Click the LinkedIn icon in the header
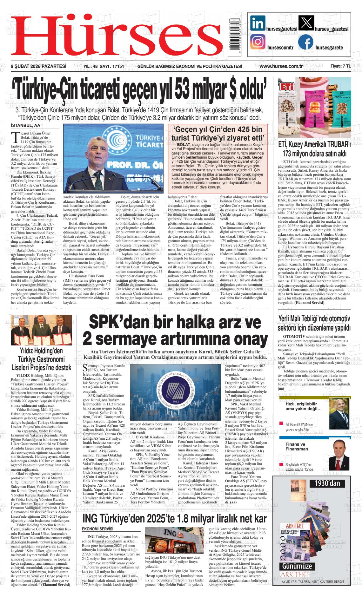coord(258,23)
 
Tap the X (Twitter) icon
coord(306,23)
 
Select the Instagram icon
coord(258,42)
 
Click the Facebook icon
coord(306,42)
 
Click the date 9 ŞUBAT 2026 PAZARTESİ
coord(38,66)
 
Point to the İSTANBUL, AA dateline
coord(26,125)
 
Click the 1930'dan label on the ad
coord(327,483)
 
